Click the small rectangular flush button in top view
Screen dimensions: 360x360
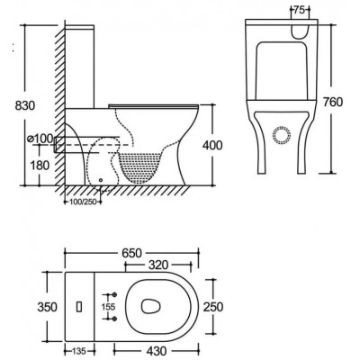pos(81,306)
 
